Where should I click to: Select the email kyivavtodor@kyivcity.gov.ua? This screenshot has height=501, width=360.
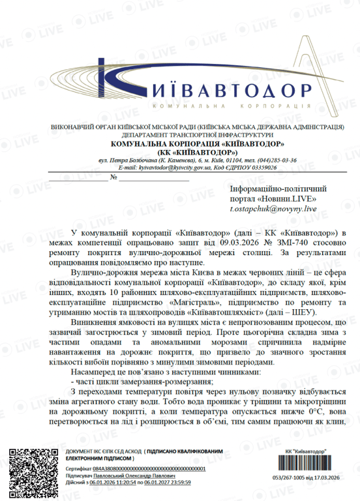pos(156,167)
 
